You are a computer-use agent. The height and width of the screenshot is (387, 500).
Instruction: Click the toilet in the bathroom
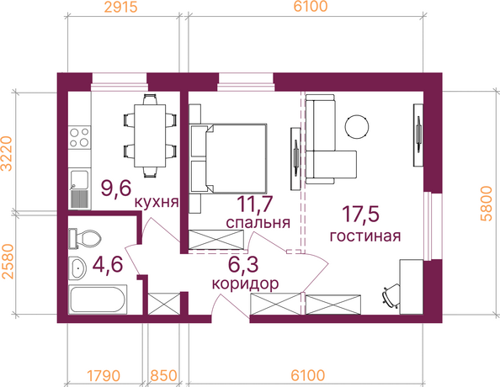pyautogui.click(x=84, y=238)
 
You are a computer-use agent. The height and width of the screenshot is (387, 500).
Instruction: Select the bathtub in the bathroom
pyautogui.click(x=98, y=299)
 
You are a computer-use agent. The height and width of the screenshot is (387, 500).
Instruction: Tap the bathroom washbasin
pyautogui.click(x=77, y=268)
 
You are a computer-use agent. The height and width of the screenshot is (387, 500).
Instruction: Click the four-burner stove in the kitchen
pyautogui.click(x=79, y=137)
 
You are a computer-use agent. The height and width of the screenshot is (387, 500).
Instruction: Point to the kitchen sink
pyautogui.click(x=79, y=189)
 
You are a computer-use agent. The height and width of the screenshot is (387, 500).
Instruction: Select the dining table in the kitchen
pyautogui.click(x=150, y=135)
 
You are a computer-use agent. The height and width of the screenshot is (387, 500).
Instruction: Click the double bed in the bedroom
pyautogui.click(x=228, y=158)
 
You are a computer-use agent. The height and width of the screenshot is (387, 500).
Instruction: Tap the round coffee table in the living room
pyautogui.click(x=357, y=127)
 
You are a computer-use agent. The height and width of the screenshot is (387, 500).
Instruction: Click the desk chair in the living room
pyautogui.click(x=391, y=296)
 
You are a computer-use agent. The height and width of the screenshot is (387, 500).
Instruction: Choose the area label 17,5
pyautogui.click(x=360, y=214)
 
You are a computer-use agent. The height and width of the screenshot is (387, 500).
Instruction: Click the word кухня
pyautogui.click(x=157, y=202)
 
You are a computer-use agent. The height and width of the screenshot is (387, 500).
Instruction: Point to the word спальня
pyautogui.click(x=258, y=222)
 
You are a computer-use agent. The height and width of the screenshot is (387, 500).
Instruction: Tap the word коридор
pyautogui.click(x=245, y=284)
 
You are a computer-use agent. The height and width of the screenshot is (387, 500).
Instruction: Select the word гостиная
pyautogui.click(x=365, y=236)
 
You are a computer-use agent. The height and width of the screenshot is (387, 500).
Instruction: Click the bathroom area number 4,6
pyautogui.click(x=108, y=264)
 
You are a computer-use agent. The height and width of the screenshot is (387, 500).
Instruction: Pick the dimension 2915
pyautogui.click(x=121, y=7)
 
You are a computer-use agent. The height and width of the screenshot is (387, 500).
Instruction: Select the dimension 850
pyautogui.click(x=163, y=375)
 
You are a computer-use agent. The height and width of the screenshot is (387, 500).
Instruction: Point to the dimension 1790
pyautogui.click(x=104, y=375)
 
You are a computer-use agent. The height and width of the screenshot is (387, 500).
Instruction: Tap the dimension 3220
pyautogui.click(x=7, y=154)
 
